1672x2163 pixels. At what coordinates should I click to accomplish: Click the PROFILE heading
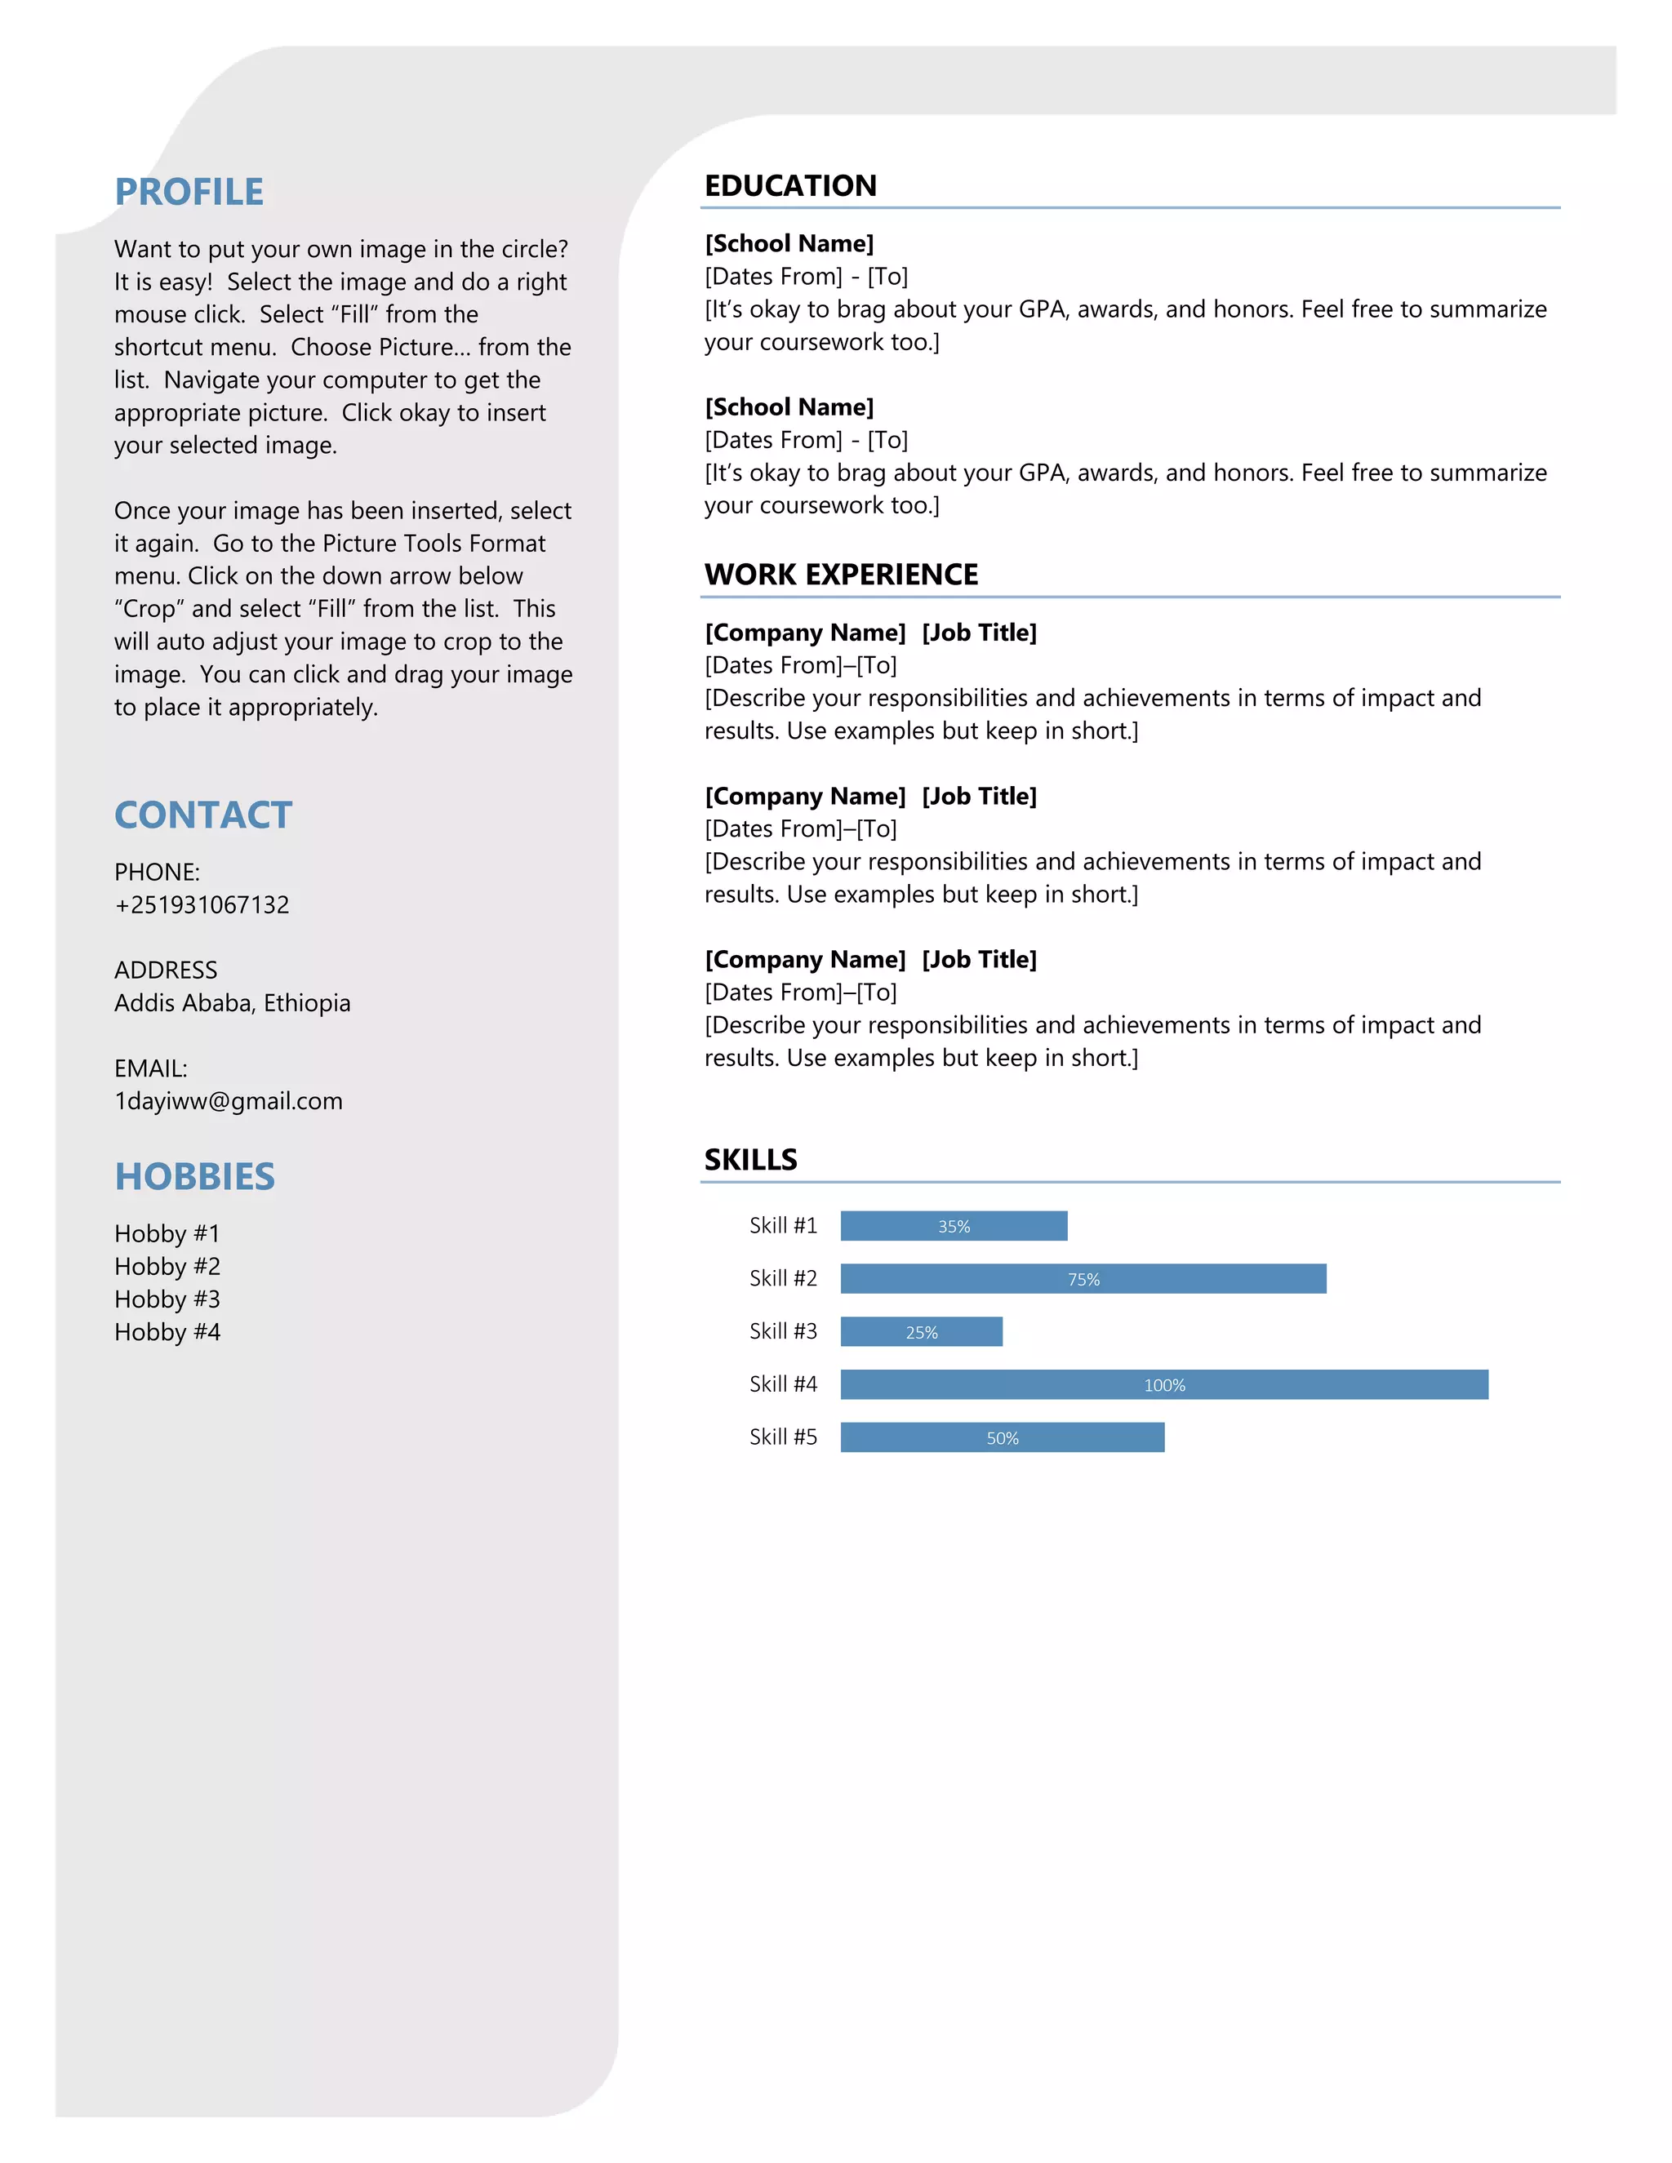click(189, 192)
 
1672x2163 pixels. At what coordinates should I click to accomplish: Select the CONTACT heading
click(203, 815)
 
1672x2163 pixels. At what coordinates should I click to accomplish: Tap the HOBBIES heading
click(195, 1176)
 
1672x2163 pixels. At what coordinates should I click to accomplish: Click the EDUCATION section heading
click(790, 186)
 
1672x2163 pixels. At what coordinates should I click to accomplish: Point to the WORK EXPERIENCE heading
click(841, 575)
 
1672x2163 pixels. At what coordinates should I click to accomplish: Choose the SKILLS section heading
click(751, 1160)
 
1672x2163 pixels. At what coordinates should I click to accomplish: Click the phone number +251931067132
click(202, 905)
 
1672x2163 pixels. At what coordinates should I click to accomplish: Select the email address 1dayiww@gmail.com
click(229, 1101)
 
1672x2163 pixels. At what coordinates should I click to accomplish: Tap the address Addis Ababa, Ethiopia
click(233, 1003)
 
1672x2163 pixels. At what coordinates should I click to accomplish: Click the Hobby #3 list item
click(167, 1299)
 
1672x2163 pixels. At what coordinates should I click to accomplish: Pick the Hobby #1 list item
click(167, 1234)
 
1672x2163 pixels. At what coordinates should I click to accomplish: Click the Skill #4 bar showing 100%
click(1164, 1384)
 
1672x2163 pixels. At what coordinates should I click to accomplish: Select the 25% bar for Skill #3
click(921, 1332)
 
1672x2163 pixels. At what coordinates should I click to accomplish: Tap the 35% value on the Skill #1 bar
click(954, 1226)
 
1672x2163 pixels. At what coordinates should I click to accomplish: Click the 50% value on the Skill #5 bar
click(1003, 1438)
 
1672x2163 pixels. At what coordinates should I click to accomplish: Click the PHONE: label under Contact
click(158, 873)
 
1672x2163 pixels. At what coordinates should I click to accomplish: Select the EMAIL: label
click(150, 1068)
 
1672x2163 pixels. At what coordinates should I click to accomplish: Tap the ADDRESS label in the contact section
click(166, 970)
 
